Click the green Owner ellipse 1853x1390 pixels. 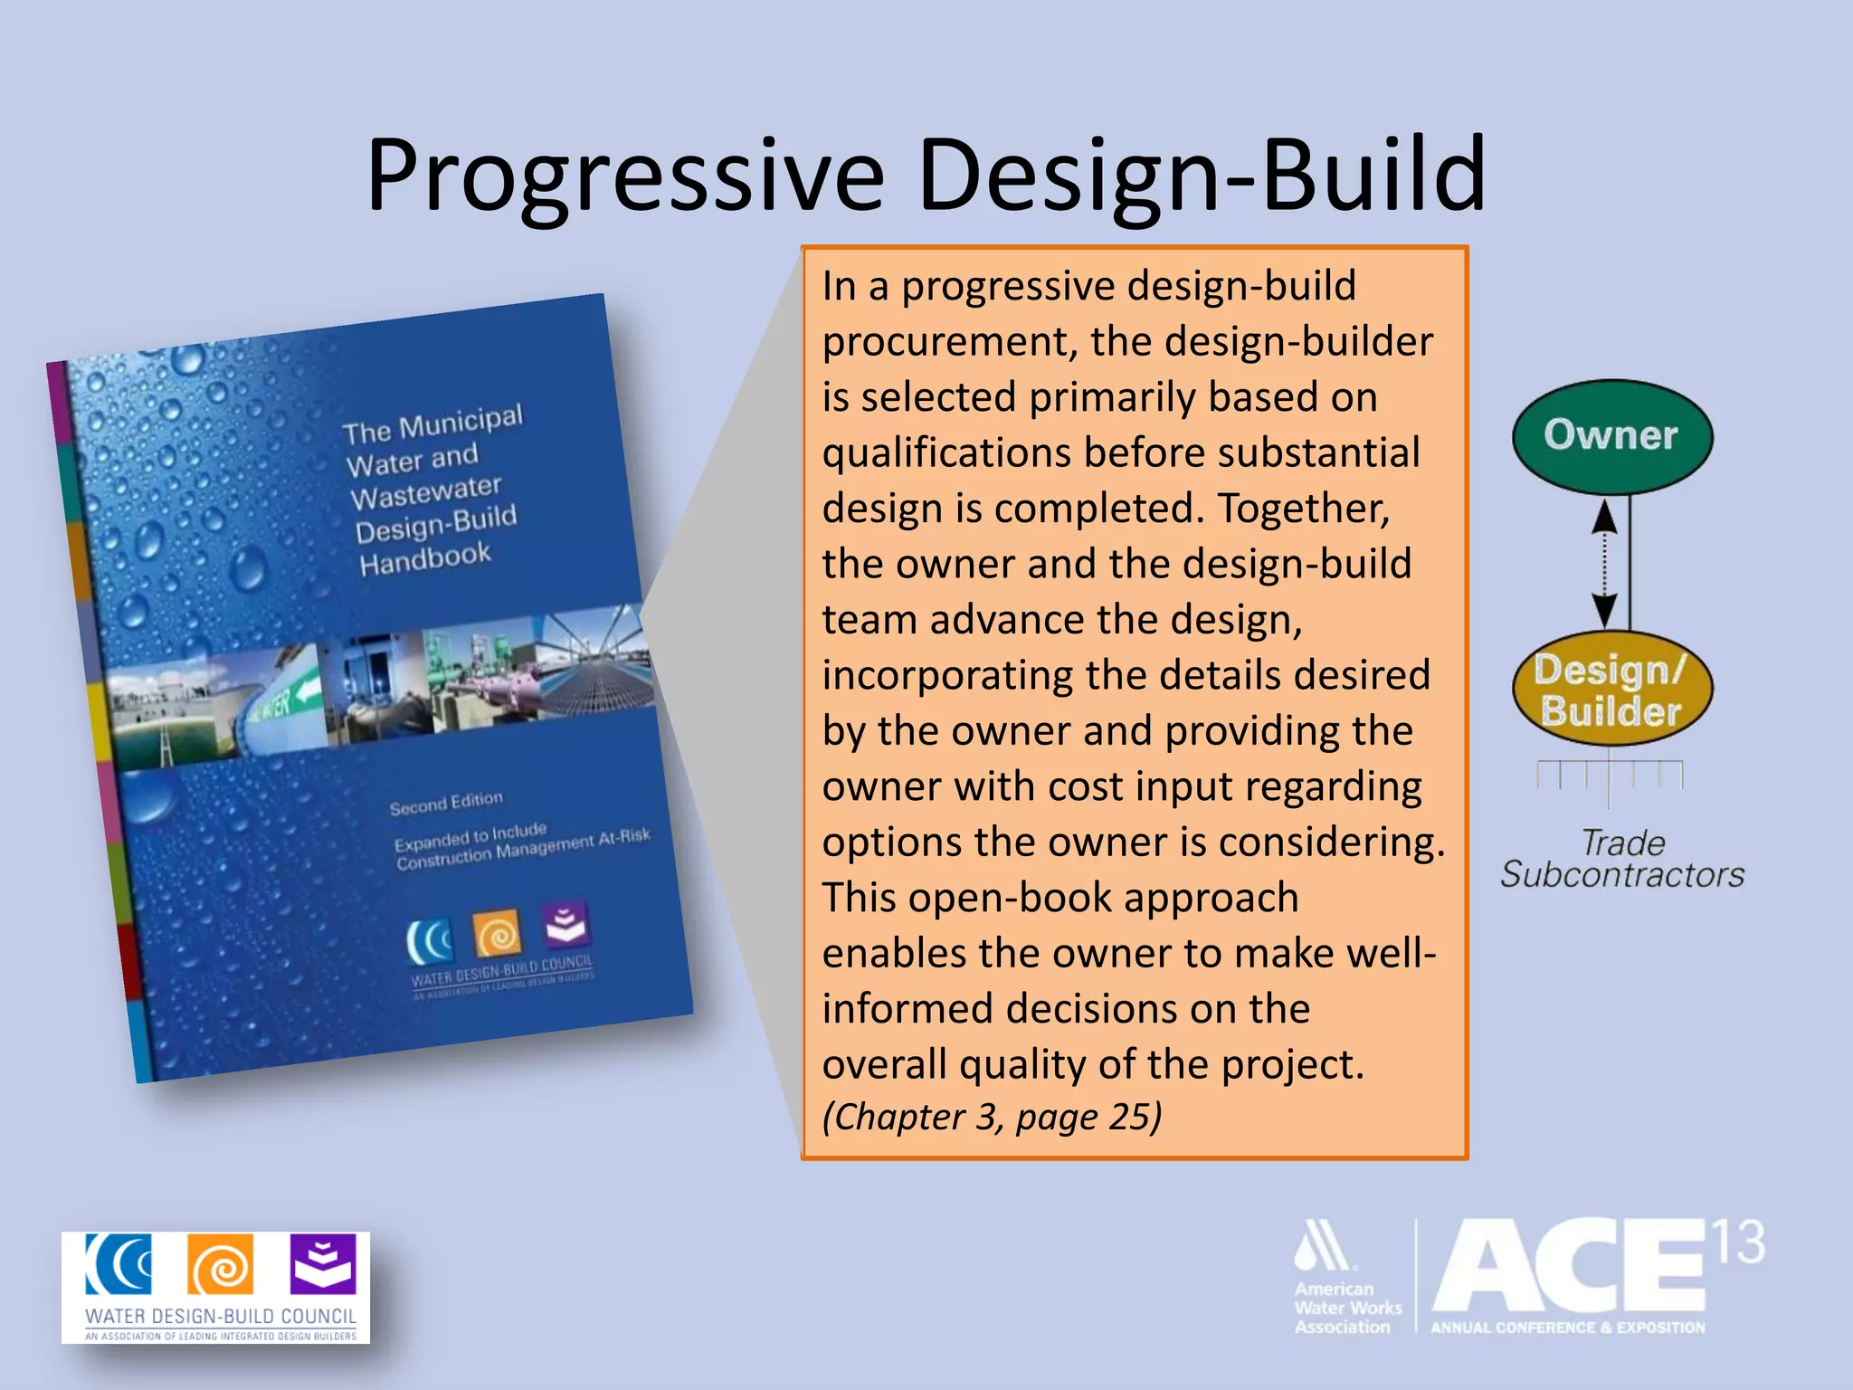coord(1611,436)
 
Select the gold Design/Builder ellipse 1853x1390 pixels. coord(1611,690)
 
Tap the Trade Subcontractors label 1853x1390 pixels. coord(1622,859)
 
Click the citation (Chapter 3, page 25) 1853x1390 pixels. coord(992,1117)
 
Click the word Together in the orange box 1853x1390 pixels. coord(1303,508)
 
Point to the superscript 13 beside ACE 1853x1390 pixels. coord(1737,1242)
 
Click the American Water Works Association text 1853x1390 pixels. coord(1346,1308)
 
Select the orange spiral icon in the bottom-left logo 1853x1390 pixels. coord(220,1265)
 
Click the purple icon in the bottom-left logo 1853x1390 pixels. coord(322,1264)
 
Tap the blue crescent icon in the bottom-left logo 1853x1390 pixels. coord(119,1264)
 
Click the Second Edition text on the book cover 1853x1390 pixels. coord(445,803)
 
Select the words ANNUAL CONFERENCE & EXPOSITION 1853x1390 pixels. coord(1567,1328)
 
